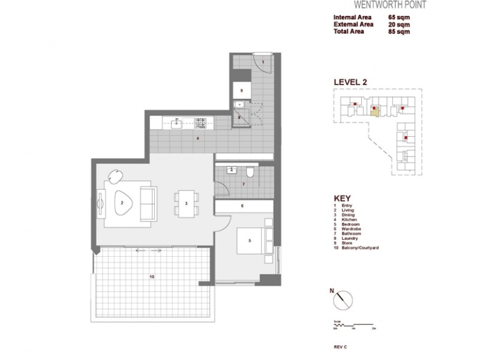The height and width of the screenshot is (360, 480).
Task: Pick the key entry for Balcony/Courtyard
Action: [362, 248]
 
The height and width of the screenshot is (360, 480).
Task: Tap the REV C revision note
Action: [340, 347]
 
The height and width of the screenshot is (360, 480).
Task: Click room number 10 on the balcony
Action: [152, 277]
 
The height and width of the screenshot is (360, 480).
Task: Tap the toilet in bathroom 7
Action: [254, 173]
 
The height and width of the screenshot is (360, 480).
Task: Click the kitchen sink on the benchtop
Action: [178, 123]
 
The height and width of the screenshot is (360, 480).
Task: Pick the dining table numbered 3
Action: [186, 203]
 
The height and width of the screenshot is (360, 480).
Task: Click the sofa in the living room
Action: [148, 202]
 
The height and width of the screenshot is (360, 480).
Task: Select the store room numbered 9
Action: [241, 90]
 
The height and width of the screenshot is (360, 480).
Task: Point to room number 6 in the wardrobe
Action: [242, 206]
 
